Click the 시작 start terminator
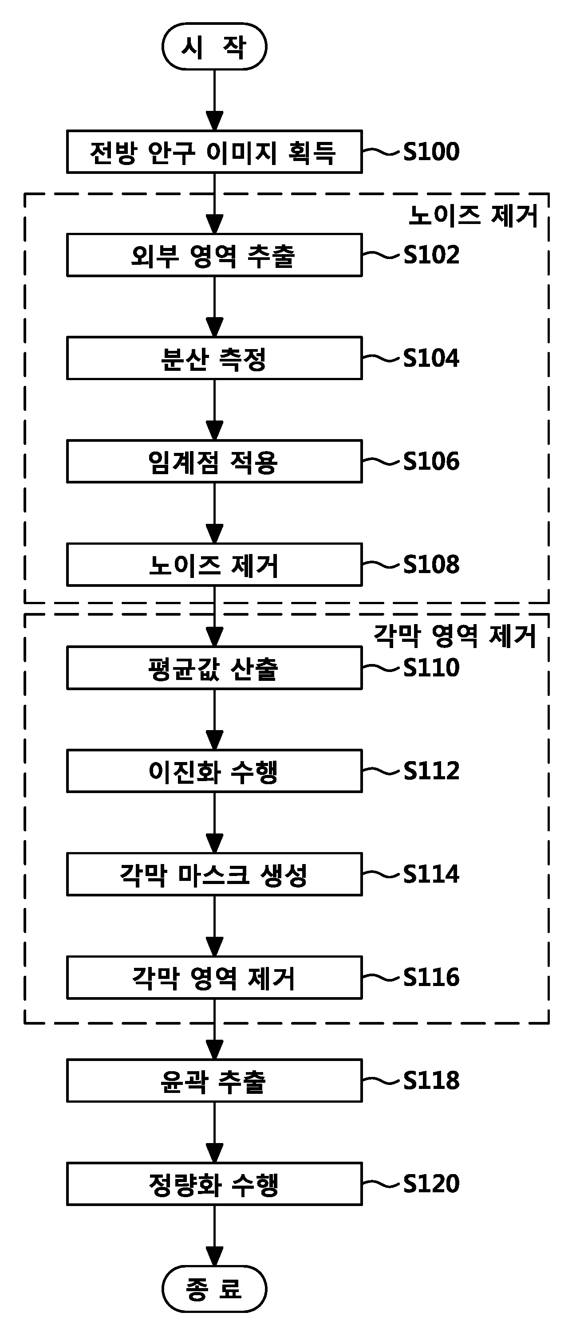214,47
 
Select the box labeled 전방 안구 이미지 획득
214,152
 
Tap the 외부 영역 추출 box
214,255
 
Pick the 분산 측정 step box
214,358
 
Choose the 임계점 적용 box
214,461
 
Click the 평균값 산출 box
214,668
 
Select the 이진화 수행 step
214,771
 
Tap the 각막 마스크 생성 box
214,874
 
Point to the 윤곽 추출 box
214,1080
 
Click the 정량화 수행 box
214,1183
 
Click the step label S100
431,152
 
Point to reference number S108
431,565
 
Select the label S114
431,874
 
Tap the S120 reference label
431,1183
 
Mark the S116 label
431,977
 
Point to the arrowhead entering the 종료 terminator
214,1256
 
